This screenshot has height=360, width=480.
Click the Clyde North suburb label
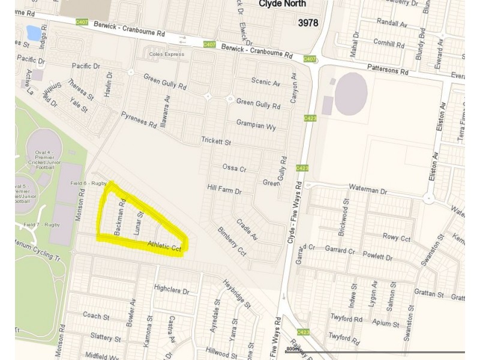click(282, 4)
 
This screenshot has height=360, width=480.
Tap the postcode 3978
click(308, 23)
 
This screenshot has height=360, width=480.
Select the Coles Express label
click(167, 55)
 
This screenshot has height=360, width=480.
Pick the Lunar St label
click(139, 222)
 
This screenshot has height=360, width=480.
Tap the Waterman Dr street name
click(368, 190)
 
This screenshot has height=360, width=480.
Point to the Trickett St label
click(215, 142)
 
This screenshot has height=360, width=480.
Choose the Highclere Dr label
click(171, 289)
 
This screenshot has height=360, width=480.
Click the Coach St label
click(96, 316)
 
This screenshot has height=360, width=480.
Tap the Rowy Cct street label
click(396, 238)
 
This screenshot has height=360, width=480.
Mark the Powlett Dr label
click(377, 257)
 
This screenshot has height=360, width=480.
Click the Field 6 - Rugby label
click(88, 183)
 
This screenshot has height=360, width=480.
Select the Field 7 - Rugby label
click(41, 224)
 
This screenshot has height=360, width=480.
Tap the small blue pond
click(34, 32)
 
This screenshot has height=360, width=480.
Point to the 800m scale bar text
click(292, 349)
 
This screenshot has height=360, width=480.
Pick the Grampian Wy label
click(256, 127)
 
